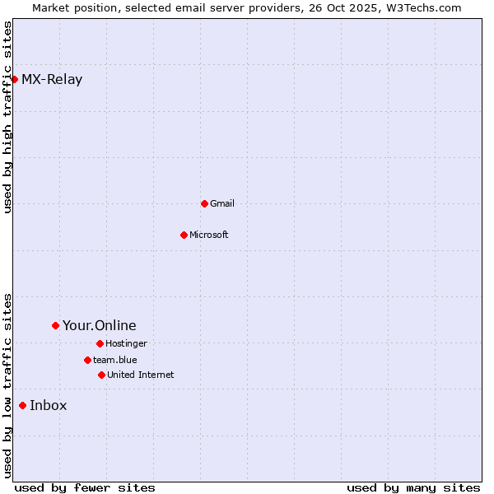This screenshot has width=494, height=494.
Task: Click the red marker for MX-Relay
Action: point(14,79)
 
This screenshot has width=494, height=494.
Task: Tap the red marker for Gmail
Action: point(204,203)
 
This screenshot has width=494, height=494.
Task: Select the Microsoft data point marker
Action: point(184,235)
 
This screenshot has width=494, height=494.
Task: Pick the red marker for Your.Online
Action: point(55,325)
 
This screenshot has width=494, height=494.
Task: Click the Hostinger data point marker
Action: point(100,343)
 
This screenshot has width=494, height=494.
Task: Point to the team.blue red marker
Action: point(87,360)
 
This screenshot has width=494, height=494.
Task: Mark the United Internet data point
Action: point(101,375)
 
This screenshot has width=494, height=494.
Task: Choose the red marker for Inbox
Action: point(22,405)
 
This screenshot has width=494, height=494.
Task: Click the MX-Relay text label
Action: point(52,80)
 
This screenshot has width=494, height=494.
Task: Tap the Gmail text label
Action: point(222,203)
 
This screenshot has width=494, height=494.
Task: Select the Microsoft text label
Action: point(209,235)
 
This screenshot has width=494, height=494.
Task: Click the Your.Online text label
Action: point(100,326)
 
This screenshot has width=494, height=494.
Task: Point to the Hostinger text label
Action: point(126,343)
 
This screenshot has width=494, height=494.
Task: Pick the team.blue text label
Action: point(115,360)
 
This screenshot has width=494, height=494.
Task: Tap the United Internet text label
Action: point(141,375)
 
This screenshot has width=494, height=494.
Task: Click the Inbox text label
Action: point(49,406)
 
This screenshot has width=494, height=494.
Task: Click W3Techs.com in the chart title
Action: point(422,7)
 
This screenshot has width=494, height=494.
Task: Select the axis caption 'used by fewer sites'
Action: point(85,487)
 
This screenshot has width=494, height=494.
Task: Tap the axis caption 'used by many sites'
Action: point(413,487)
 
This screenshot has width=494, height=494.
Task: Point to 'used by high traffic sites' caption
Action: point(7,118)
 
